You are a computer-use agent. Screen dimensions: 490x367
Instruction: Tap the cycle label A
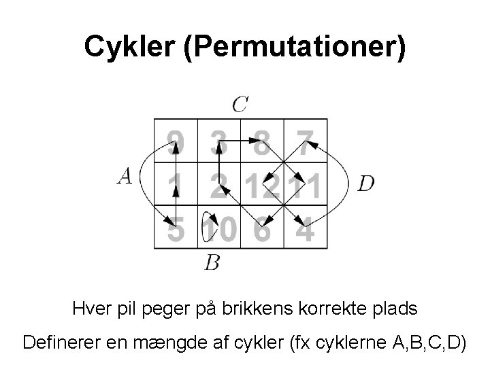(x=125, y=177)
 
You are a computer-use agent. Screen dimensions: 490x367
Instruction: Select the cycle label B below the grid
(x=212, y=262)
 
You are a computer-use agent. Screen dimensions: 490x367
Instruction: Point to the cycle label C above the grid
(x=240, y=104)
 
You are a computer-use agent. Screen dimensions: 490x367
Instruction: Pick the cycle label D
(x=365, y=183)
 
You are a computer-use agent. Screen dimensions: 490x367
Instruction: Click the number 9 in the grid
(x=176, y=141)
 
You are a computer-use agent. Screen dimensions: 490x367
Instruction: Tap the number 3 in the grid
(x=218, y=141)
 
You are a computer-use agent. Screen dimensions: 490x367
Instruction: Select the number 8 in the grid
(x=262, y=141)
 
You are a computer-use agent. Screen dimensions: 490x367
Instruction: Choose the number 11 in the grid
(x=305, y=184)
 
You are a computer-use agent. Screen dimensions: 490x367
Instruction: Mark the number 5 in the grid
(x=176, y=229)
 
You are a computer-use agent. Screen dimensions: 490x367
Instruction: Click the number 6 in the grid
(x=262, y=229)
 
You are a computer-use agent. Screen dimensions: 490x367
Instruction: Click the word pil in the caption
(x=161, y=309)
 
